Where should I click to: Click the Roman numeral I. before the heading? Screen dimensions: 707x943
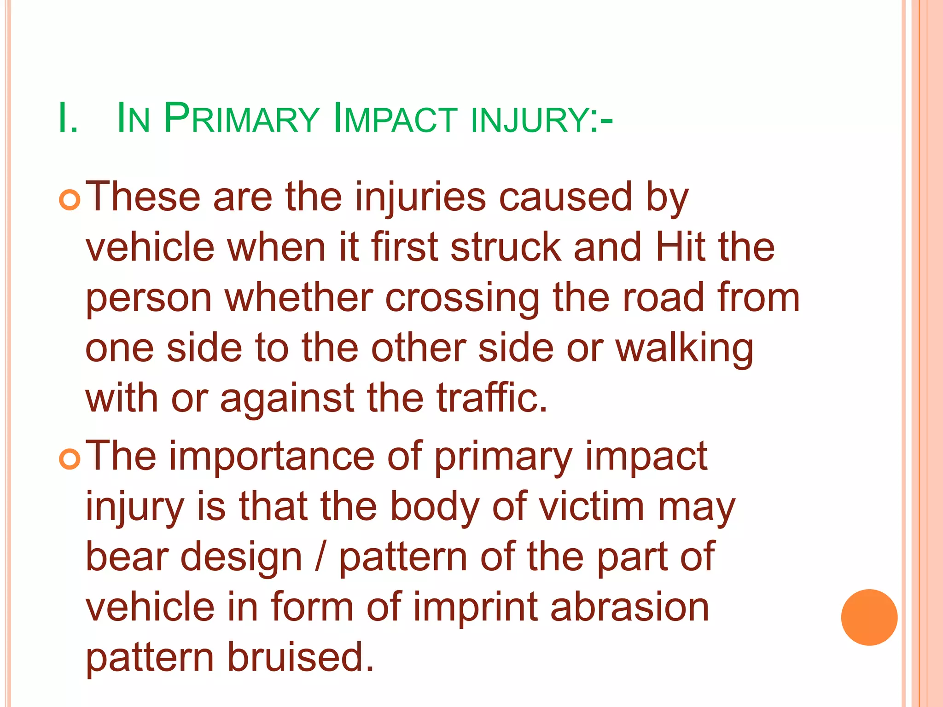tap(68, 119)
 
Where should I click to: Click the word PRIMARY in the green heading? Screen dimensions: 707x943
tap(241, 119)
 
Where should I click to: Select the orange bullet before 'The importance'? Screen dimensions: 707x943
tap(70, 459)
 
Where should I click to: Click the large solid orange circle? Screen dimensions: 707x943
tap(869, 617)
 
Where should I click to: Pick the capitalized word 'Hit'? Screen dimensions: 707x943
tap(681, 248)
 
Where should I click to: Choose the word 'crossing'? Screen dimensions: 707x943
tap(462, 298)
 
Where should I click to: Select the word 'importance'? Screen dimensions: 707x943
tap(272, 457)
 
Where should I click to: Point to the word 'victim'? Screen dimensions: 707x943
tap(592, 507)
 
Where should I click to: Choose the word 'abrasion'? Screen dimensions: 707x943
tap(630, 608)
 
